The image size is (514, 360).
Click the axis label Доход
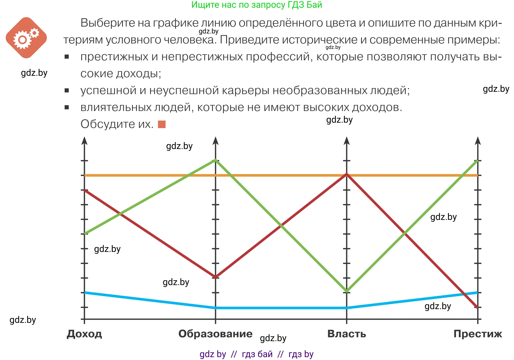pyautogui.click(x=84, y=334)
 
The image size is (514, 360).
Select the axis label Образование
pyautogui.click(x=215, y=334)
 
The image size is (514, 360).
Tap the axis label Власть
pyautogui.click(x=346, y=334)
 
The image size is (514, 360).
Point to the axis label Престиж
pyautogui.click(x=478, y=334)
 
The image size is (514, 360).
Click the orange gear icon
pyautogui.click(x=26, y=38)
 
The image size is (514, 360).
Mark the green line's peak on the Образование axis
pyautogui.click(x=216, y=160)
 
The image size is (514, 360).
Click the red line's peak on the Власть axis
pyautogui.click(x=347, y=174)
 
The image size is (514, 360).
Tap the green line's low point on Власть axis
pyautogui.click(x=347, y=291)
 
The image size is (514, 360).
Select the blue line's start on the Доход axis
pyautogui.click(x=85, y=293)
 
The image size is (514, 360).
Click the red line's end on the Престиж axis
pyautogui.click(x=477, y=307)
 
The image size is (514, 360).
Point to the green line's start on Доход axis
pyautogui.click(x=85, y=234)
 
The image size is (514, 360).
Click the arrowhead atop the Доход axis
pyautogui.click(x=84, y=141)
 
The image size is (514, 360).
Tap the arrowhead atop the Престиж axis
pyautogui.click(x=478, y=141)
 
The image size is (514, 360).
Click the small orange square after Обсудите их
pyautogui.click(x=162, y=124)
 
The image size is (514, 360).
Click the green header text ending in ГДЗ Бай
pyautogui.click(x=256, y=5)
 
